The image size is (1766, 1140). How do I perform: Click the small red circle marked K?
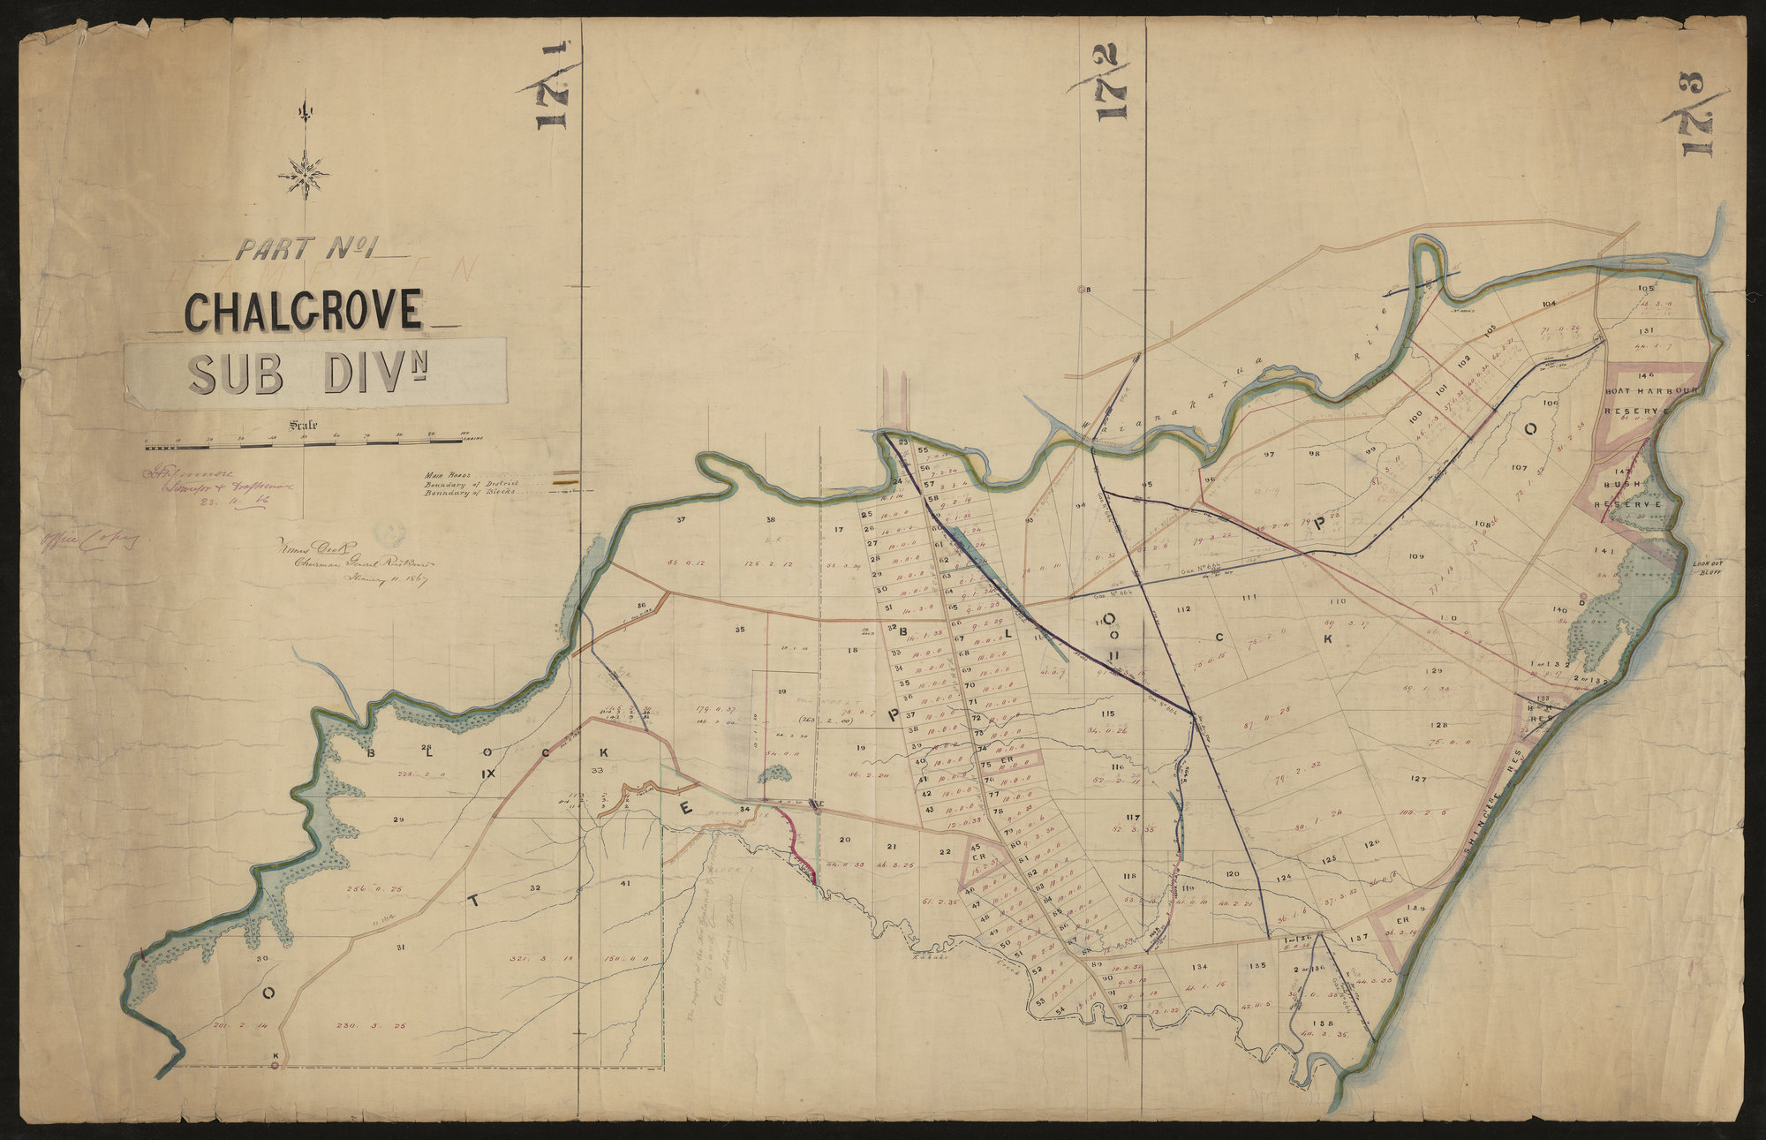pos(275,1066)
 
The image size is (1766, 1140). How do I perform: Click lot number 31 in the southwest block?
pos(400,947)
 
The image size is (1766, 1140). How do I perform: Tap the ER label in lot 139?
pos(1400,921)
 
